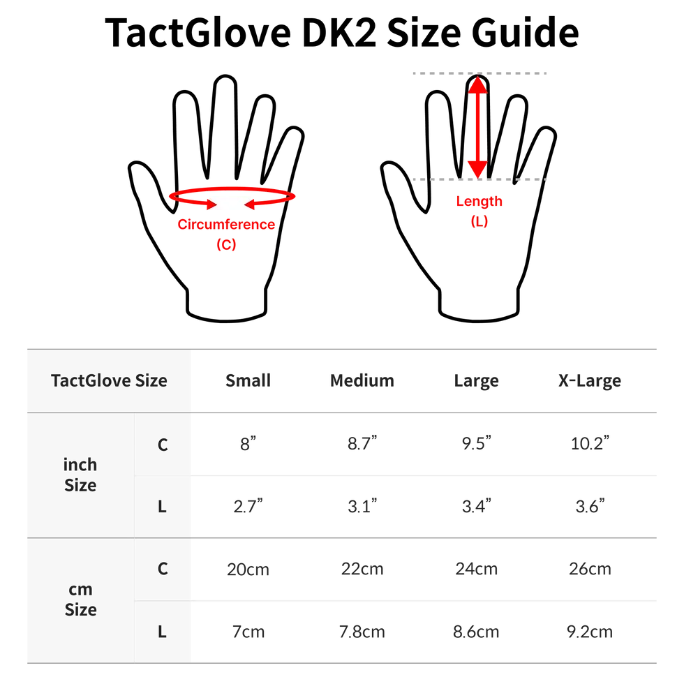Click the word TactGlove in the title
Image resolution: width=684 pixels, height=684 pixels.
tap(198, 32)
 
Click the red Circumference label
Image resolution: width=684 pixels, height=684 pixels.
tap(226, 224)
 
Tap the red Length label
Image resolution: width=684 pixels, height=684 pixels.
tap(479, 201)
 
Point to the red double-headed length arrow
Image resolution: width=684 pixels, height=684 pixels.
tap(477, 127)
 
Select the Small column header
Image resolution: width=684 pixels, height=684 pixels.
tap(248, 380)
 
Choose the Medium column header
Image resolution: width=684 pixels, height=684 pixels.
tap(362, 380)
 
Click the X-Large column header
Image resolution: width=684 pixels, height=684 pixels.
tap(590, 381)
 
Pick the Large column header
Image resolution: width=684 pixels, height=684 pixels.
tap(476, 381)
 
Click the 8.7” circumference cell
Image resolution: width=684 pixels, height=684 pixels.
tap(362, 443)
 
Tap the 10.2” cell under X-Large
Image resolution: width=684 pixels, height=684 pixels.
tap(590, 443)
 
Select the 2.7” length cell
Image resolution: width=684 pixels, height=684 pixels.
tap(248, 506)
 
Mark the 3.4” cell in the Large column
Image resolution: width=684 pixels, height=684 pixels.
tap(476, 506)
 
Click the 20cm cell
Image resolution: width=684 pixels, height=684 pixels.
tap(248, 570)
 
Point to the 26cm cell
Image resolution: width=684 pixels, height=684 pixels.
tap(590, 569)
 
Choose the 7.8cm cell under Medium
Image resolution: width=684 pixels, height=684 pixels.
tap(362, 632)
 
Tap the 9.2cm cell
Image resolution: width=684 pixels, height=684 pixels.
tap(590, 632)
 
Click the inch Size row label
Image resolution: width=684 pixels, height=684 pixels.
tap(80, 475)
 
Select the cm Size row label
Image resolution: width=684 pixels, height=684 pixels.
tap(81, 600)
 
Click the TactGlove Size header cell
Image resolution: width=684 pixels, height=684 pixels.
tap(109, 380)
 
